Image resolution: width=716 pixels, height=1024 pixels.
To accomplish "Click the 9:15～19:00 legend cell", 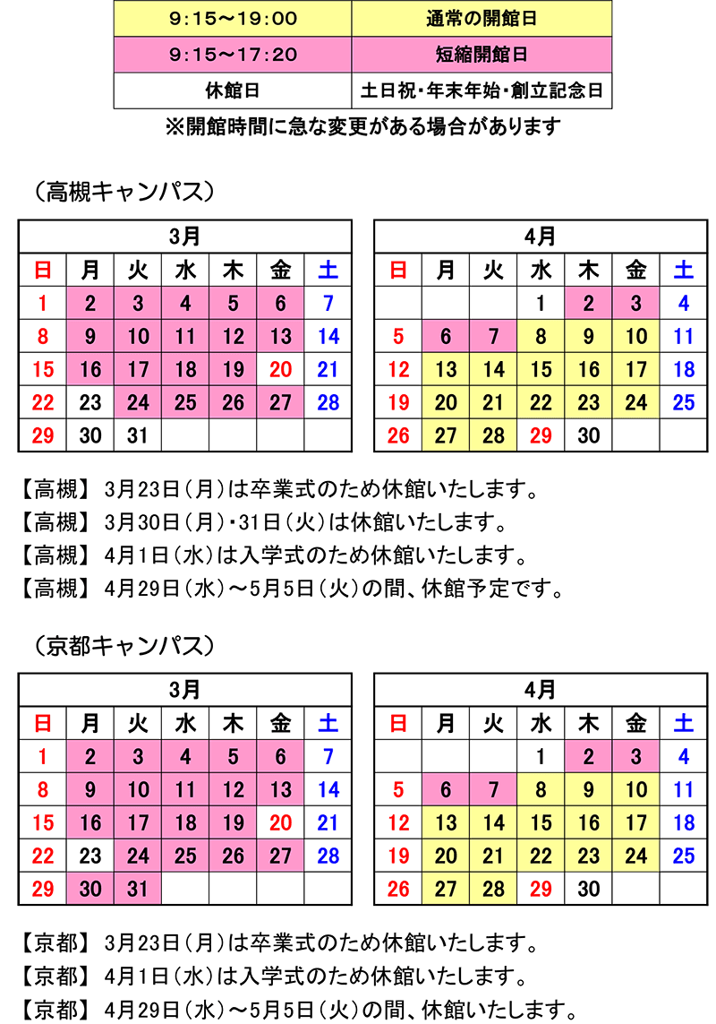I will [x=233, y=18].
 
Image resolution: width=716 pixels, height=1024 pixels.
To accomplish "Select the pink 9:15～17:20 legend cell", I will [x=233, y=55].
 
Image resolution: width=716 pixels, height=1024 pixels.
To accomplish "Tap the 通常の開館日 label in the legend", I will [x=482, y=18].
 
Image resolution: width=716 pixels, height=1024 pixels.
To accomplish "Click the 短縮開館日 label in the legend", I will [x=482, y=55].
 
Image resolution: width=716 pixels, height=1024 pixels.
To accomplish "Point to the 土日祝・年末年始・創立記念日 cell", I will [x=482, y=90].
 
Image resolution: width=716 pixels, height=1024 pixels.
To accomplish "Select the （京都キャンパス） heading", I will [x=120, y=644].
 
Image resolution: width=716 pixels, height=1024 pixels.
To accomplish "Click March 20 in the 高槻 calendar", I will [x=280, y=369].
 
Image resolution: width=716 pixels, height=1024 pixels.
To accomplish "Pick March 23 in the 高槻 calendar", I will [x=90, y=402].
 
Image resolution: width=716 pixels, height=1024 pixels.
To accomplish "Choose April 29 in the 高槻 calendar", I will [x=541, y=435].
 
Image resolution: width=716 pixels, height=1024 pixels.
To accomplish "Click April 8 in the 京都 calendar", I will [x=541, y=789].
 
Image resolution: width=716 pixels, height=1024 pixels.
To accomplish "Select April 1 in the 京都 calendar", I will [x=541, y=757].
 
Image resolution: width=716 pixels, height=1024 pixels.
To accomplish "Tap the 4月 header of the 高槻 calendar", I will [x=541, y=237].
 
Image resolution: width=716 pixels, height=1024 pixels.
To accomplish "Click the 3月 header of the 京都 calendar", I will [x=185, y=690].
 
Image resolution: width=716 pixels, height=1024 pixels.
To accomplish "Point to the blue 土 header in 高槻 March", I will [x=328, y=270].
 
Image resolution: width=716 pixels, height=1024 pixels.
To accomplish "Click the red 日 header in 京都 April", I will [x=398, y=723].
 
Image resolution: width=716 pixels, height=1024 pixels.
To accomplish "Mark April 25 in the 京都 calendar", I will [x=683, y=856].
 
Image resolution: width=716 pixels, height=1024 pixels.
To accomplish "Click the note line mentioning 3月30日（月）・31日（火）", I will [x=304, y=522].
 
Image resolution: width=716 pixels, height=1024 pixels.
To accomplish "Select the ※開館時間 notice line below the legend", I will [x=362, y=126].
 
